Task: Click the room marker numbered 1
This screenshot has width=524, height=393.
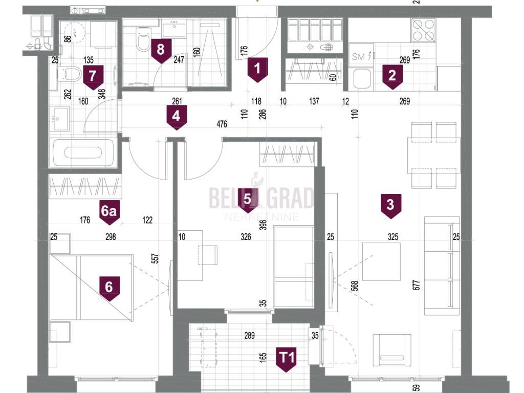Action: point(257,70)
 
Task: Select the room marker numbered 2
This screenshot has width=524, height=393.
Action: point(392,77)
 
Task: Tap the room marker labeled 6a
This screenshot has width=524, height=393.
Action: point(109,212)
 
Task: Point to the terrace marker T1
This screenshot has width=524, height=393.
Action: point(287,359)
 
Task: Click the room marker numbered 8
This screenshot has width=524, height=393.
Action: point(161,51)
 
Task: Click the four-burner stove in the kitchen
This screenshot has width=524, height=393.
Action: point(423,30)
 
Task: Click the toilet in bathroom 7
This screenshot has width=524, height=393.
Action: point(69,74)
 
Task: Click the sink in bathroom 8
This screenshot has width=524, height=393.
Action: point(174,29)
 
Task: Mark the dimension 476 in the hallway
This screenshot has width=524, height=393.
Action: point(222,124)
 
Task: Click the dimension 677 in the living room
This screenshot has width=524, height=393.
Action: point(416,285)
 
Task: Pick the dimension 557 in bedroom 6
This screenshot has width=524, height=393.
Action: point(155,258)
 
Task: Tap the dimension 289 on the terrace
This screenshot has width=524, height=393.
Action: point(249,335)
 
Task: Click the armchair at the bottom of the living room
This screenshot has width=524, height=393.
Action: point(391,351)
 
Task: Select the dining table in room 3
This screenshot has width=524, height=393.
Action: point(434,156)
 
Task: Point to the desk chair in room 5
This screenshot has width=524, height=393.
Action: point(208,255)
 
